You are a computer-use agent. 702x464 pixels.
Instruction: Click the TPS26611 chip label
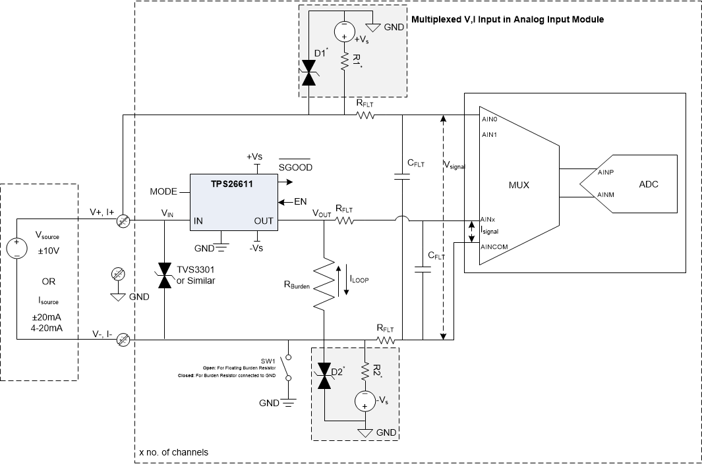[224, 186]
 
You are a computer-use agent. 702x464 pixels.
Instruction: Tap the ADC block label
[648, 184]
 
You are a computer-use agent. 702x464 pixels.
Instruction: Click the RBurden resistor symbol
[324, 283]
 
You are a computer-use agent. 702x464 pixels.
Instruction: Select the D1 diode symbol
[308, 73]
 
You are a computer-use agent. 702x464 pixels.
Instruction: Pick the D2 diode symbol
[324, 376]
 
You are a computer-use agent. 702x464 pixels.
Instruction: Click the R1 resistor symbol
[344, 63]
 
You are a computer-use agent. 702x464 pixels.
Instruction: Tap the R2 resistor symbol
[364, 373]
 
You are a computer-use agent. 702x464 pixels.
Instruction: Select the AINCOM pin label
[494, 247]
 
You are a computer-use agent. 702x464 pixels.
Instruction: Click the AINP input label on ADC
[606, 172]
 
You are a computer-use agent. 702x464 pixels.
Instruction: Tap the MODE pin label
[164, 192]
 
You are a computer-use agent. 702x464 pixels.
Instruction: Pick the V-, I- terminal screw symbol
[123, 340]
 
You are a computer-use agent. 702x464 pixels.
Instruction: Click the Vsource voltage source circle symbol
[18, 249]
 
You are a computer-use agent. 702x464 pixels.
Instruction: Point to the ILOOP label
[360, 279]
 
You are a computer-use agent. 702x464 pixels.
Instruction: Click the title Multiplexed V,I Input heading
[508, 20]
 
